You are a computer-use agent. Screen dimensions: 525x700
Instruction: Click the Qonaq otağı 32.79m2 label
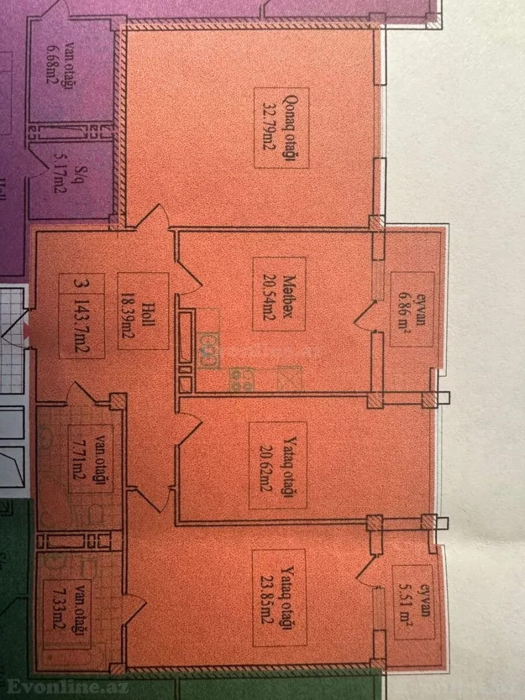point(281,127)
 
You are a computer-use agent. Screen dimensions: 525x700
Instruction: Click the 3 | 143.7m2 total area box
point(81,315)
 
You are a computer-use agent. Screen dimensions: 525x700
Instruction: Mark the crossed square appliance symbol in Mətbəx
point(289,379)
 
